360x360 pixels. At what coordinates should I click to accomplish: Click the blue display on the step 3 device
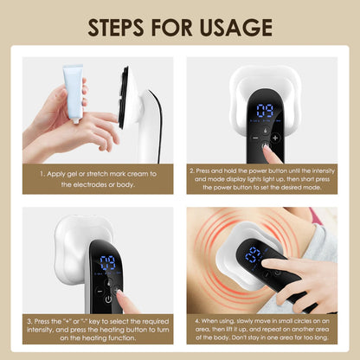coord(108,265)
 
